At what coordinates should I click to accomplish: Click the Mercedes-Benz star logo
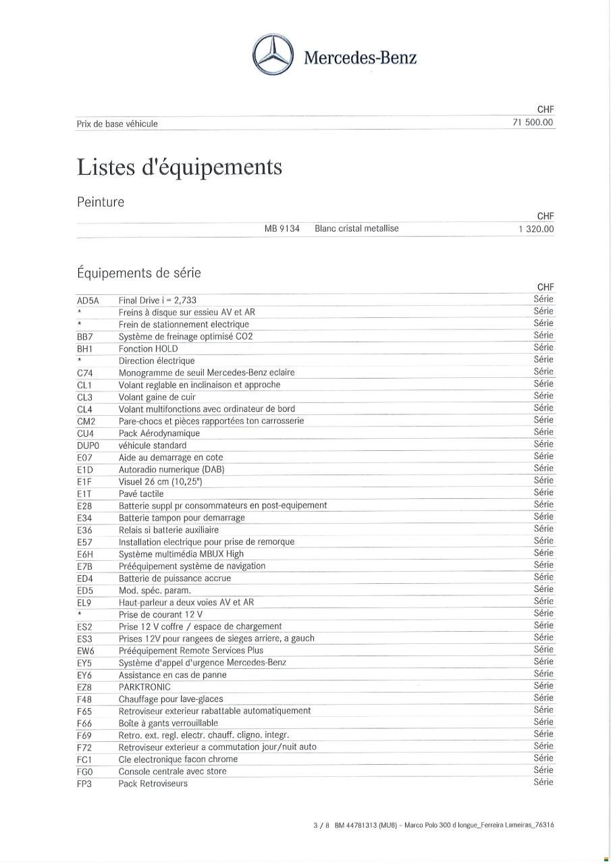coord(273,55)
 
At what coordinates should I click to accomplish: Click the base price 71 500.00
coord(533,122)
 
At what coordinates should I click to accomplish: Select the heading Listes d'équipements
coord(179,167)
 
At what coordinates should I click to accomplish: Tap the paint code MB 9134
coord(282,228)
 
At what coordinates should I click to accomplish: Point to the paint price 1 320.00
coord(536,229)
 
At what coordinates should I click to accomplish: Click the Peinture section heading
coord(101,202)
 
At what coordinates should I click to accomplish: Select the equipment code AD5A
coord(88,300)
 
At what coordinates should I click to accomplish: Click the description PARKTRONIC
coord(144,686)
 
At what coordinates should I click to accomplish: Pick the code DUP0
coord(88,446)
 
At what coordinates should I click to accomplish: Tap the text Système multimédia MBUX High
coord(181,554)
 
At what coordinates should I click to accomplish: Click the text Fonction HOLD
coord(148,349)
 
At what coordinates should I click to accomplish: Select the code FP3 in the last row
coord(84,784)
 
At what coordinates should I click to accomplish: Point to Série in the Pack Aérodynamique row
coord(543,432)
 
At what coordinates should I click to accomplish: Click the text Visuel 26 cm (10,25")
coord(160,481)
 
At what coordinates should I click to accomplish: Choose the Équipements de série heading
coord(138,273)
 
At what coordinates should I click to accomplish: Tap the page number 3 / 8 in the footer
coord(321,825)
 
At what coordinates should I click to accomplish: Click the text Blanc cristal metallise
coord(356,228)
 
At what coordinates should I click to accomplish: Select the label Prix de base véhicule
coord(117,124)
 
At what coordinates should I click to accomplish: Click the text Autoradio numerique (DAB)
coord(171,469)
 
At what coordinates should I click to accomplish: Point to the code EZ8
coord(84,687)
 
